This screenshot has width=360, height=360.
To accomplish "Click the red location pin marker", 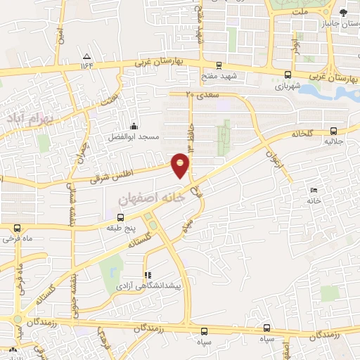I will pos(181,165).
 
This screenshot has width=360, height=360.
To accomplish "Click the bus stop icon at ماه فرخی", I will pos(18,228).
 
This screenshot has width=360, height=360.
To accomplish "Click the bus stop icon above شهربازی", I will pos(288,75).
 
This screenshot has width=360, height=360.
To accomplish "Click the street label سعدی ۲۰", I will pos(202,94).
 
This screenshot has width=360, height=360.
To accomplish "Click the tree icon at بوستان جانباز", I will pos(343,12).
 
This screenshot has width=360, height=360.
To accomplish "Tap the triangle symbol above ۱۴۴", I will pos(87,56).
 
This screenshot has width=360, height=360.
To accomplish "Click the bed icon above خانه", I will pos(314,190).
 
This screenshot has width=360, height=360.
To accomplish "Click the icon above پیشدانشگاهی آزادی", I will pos(148,275).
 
